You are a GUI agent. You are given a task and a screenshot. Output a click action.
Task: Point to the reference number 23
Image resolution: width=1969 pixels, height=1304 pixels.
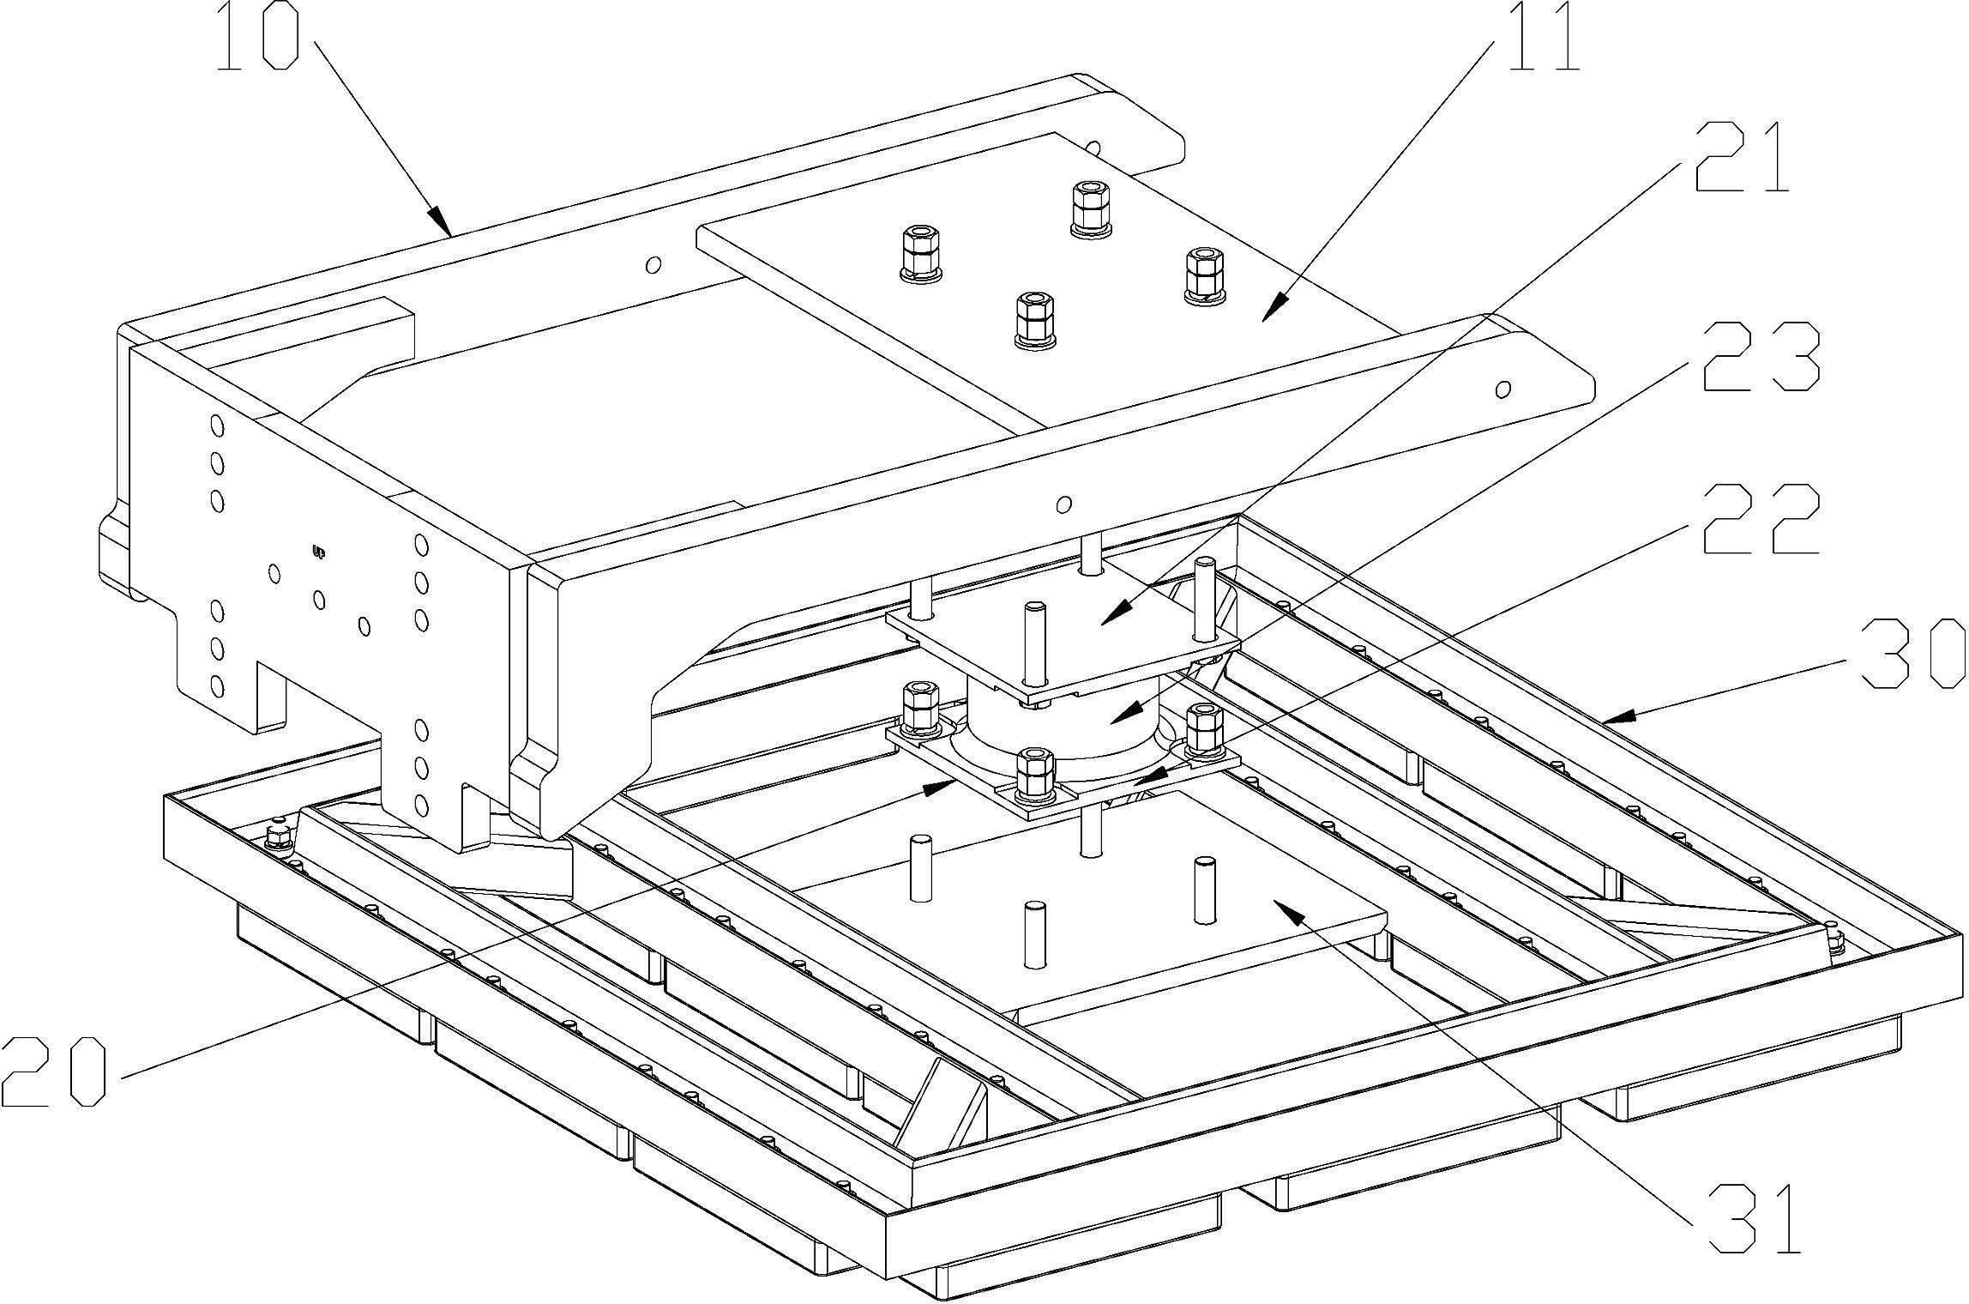point(1762,356)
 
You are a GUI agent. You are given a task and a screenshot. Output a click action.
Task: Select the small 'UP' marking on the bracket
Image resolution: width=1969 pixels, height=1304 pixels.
point(319,552)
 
